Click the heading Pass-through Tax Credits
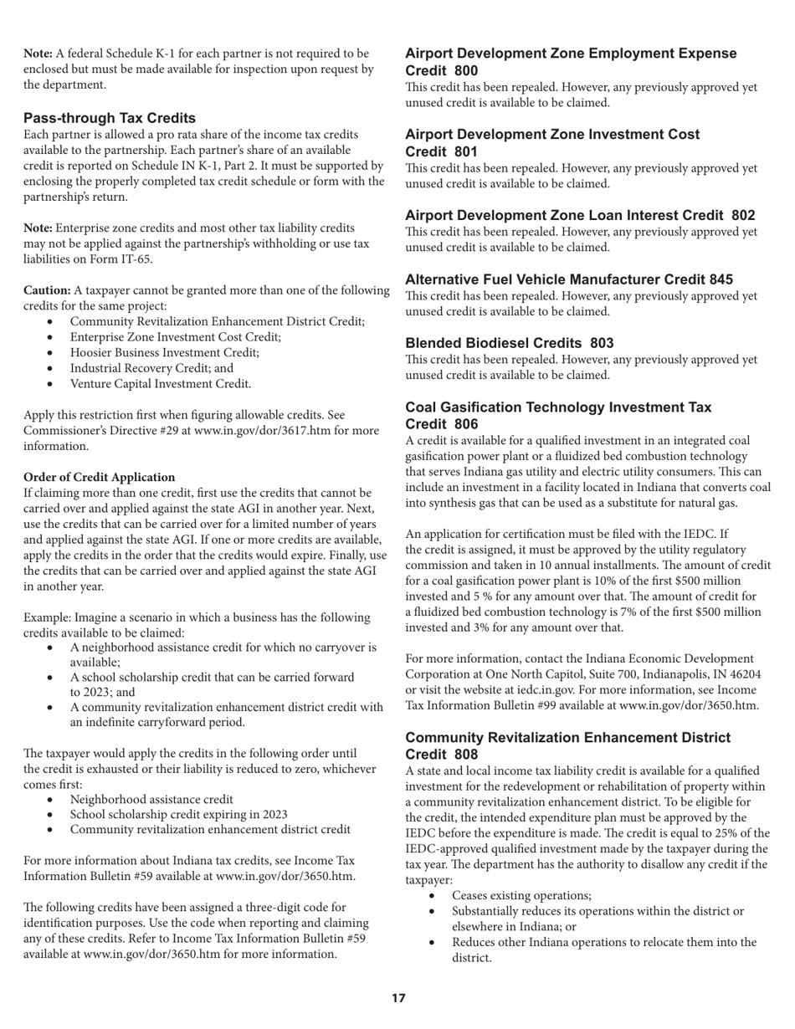coord(110,118)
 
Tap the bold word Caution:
coord(47,290)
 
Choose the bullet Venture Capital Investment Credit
coord(160,384)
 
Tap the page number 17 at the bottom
coord(398,998)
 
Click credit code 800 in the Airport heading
coord(490,71)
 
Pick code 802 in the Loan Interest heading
coord(742,215)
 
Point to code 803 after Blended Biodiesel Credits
coord(602,343)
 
